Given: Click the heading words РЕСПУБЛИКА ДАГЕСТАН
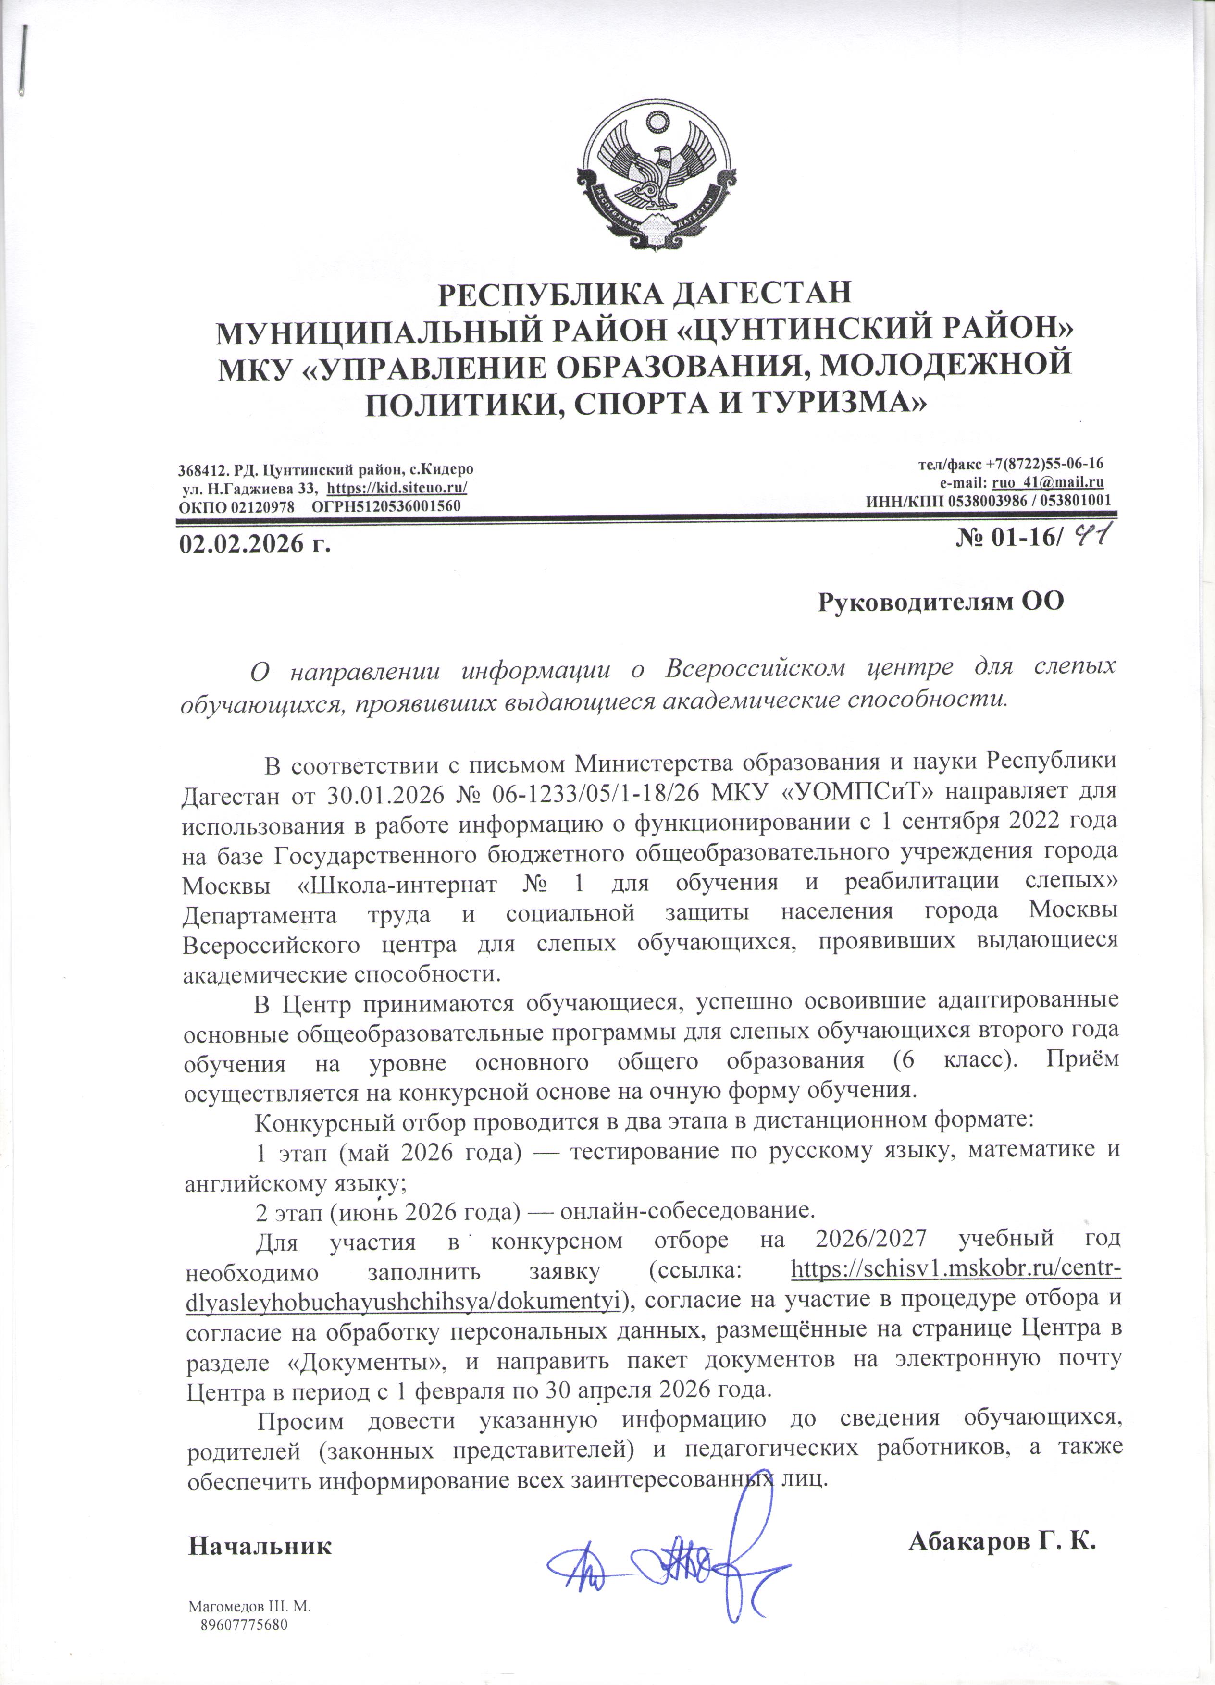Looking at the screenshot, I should (x=644, y=294).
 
